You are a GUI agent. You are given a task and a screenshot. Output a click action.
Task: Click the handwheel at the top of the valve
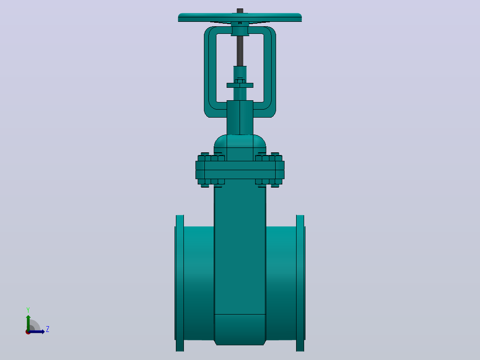coord(240,17)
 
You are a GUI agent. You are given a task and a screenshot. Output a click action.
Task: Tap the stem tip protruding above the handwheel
coord(240,11)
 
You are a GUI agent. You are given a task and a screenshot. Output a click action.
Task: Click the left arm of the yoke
coord(210,72)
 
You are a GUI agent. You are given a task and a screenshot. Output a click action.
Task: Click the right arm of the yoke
coord(270,72)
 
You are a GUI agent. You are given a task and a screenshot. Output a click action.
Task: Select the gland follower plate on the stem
coord(240,85)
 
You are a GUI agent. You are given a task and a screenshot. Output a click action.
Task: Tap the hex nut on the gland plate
coord(240,81)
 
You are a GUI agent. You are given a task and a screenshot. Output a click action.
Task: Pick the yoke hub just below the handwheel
coord(240,31)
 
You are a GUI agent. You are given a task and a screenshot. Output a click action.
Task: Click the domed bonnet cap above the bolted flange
coord(240,147)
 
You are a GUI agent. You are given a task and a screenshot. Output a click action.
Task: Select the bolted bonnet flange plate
coord(240,170)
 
